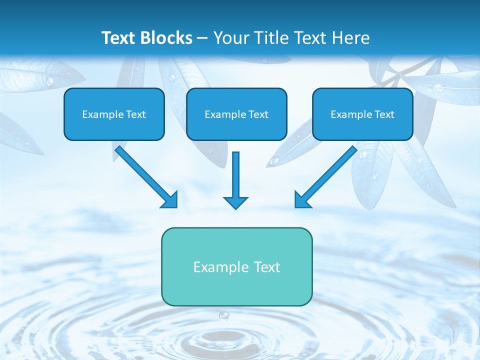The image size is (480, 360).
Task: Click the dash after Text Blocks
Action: [x=202, y=38]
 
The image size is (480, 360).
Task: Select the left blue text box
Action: [x=114, y=114]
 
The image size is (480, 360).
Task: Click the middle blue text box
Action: [x=236, y=114]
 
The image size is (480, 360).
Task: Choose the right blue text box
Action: [x=362, y=114]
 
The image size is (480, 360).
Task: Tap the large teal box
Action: [x=236, y=266]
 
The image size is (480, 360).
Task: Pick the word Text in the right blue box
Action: [x=384, y=114]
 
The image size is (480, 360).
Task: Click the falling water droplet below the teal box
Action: [x=223, y=315]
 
